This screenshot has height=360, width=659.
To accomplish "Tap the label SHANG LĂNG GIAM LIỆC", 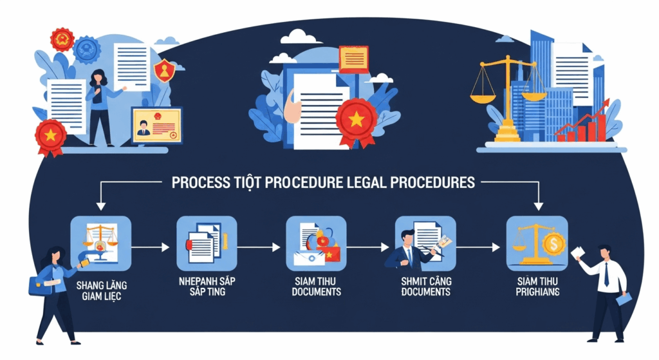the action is tap(101, 290).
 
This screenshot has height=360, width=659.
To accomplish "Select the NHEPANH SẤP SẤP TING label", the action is tap(207, 286).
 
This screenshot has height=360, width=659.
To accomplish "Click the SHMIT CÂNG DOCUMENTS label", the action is tap(426, 286).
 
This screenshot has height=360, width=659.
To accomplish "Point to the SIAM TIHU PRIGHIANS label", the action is tap(537, 286).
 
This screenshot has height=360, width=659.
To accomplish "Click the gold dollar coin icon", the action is tap(553, 243).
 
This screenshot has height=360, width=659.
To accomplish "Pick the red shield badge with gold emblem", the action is tap(164, 71).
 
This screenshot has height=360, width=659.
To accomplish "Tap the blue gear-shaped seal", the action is tap(87, 50).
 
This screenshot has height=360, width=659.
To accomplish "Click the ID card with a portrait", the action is tap(157, 126).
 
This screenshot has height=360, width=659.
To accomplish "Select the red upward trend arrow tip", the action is tap(608, 101).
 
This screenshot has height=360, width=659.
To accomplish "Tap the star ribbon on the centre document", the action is tap(357, 121).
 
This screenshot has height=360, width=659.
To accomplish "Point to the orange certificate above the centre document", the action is tap(353, 59).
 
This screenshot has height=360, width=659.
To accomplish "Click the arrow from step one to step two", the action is tap(150, 247).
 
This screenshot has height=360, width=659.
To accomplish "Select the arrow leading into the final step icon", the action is tap(478, 247).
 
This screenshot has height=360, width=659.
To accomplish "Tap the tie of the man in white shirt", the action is tap(606, 273).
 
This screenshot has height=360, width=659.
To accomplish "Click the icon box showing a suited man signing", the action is tap(425, 243).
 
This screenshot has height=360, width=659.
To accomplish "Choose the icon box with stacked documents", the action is tap(207, 243).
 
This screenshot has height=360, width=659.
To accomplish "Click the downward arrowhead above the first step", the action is tap(101, 205).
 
